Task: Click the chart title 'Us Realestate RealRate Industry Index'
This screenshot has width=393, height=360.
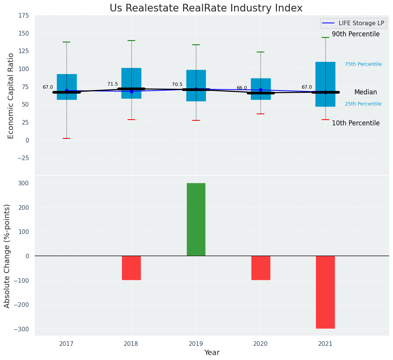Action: (x=206, y=8)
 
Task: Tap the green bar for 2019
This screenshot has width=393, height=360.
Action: (x=196, y=219)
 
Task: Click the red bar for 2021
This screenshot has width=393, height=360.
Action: (x=325, y=292)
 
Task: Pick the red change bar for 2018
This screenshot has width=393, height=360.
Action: (x=131, y=268)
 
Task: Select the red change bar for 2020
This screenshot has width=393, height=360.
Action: (x=260, y=268)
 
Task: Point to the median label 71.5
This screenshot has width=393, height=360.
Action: (x=113, y=84)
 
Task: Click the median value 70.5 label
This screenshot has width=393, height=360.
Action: (x=177, y=84)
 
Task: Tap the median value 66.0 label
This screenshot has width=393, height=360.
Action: (x=242, y=88)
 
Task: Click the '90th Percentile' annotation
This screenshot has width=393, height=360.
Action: (x=356, y=34)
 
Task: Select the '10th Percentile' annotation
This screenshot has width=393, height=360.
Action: (x=356, y=123)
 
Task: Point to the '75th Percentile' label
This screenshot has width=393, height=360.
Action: (x=363, y=64)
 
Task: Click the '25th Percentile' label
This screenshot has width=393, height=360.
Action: (x=363, y=104)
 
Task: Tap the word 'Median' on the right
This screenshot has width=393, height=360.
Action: (x=366, y=92)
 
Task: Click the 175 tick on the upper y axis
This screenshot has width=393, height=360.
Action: (x=23, y=16)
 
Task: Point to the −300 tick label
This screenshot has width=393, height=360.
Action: (x=21, y=329)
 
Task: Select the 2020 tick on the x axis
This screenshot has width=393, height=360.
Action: (x=260, y=344)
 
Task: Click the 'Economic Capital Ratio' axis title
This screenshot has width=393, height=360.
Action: (x=11, y=96)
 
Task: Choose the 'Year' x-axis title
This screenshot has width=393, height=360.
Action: (x=212, y=353)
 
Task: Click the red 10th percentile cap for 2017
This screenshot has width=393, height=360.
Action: (x=66, y=138)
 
